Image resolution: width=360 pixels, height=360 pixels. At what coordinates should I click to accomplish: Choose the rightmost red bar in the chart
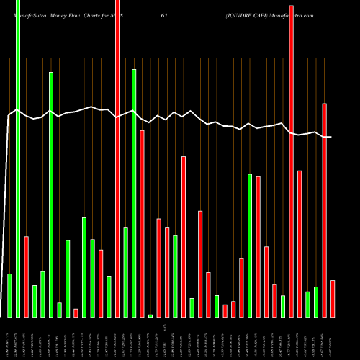[333, 299]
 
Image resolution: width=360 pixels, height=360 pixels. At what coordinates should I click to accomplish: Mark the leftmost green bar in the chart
[9, 295]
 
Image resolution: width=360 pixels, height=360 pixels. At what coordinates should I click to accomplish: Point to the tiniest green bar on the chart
[150, 315]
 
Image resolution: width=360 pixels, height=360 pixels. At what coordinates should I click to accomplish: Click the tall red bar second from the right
[325, 209]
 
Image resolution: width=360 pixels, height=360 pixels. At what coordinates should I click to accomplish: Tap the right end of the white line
[331, 137]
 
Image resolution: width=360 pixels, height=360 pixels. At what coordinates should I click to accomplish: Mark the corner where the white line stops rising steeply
[9, 115]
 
